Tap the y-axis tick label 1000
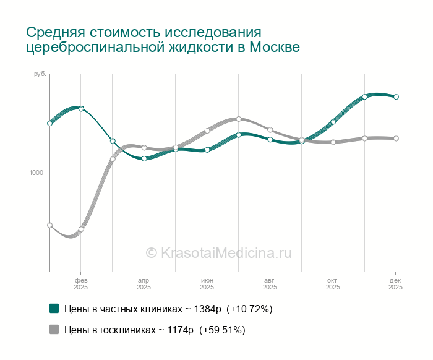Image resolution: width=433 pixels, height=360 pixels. click(36, 173)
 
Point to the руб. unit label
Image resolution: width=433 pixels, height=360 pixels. click(40, 74)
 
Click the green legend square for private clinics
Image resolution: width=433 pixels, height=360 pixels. click(54, 308)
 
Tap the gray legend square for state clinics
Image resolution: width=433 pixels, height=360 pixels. click(54, 329)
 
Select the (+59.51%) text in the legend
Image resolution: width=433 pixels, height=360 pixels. click(222, 330)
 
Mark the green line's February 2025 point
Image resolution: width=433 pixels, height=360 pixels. click(81, 109)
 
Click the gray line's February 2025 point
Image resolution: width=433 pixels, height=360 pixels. click(81, 229)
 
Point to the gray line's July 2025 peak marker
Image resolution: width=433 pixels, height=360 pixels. click(239, 119)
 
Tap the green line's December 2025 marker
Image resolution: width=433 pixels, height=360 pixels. click(396, 97)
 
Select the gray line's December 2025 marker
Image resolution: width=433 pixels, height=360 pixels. click(396, 139)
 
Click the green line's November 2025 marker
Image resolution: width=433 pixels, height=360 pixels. click(365, 96)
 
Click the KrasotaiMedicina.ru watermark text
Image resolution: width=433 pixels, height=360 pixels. click(218, 252)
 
